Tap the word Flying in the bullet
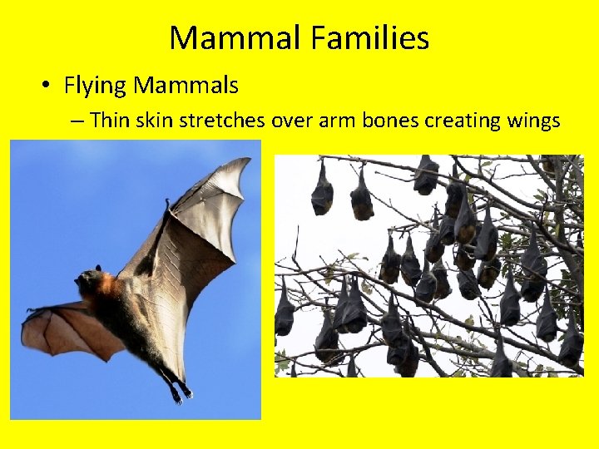coord(95,85)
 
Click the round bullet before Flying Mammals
coord(48,86)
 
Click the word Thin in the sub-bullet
coord(109,121)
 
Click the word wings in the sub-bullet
coord(534,121)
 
